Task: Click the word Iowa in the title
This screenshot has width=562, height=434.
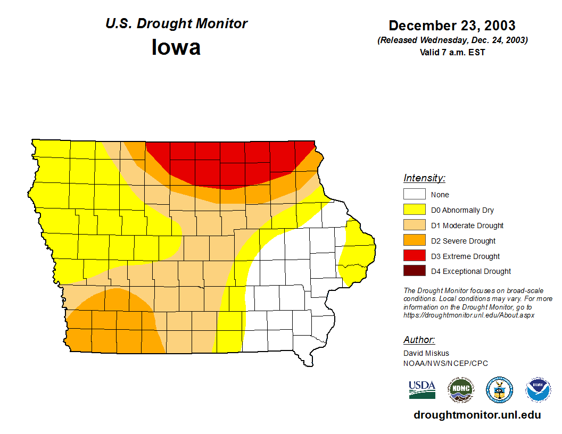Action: click(176, 47)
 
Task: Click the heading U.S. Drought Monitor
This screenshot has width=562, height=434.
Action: click(176, 24)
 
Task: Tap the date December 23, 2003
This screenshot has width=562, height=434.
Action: click(452, 26)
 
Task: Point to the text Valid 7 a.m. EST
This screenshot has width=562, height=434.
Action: click(452, 52)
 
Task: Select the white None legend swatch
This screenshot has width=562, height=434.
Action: click(414, 195)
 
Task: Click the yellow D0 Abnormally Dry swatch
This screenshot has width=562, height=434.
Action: click(414, 210)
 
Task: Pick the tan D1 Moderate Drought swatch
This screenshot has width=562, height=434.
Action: click(414, 226)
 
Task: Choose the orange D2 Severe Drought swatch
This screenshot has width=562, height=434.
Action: click(414, 241)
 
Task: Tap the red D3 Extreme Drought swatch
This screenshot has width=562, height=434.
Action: click(414, 256)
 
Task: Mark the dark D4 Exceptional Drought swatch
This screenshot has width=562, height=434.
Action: click(414, 271)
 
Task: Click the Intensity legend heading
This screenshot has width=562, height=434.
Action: click(424, 178)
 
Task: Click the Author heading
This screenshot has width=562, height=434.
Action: click(419, 340)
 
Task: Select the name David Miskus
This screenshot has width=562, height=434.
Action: click(426, 353)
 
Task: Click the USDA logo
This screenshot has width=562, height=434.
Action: click(422, 389)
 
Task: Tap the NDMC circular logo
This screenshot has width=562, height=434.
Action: click(460, 390)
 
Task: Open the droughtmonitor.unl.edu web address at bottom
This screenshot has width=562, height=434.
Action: click(477, 415)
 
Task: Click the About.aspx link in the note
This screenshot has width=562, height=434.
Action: click(468, 315)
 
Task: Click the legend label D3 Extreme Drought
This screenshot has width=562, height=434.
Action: click(465, 256)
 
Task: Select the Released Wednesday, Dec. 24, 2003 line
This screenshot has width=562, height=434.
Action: click(452, 40)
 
